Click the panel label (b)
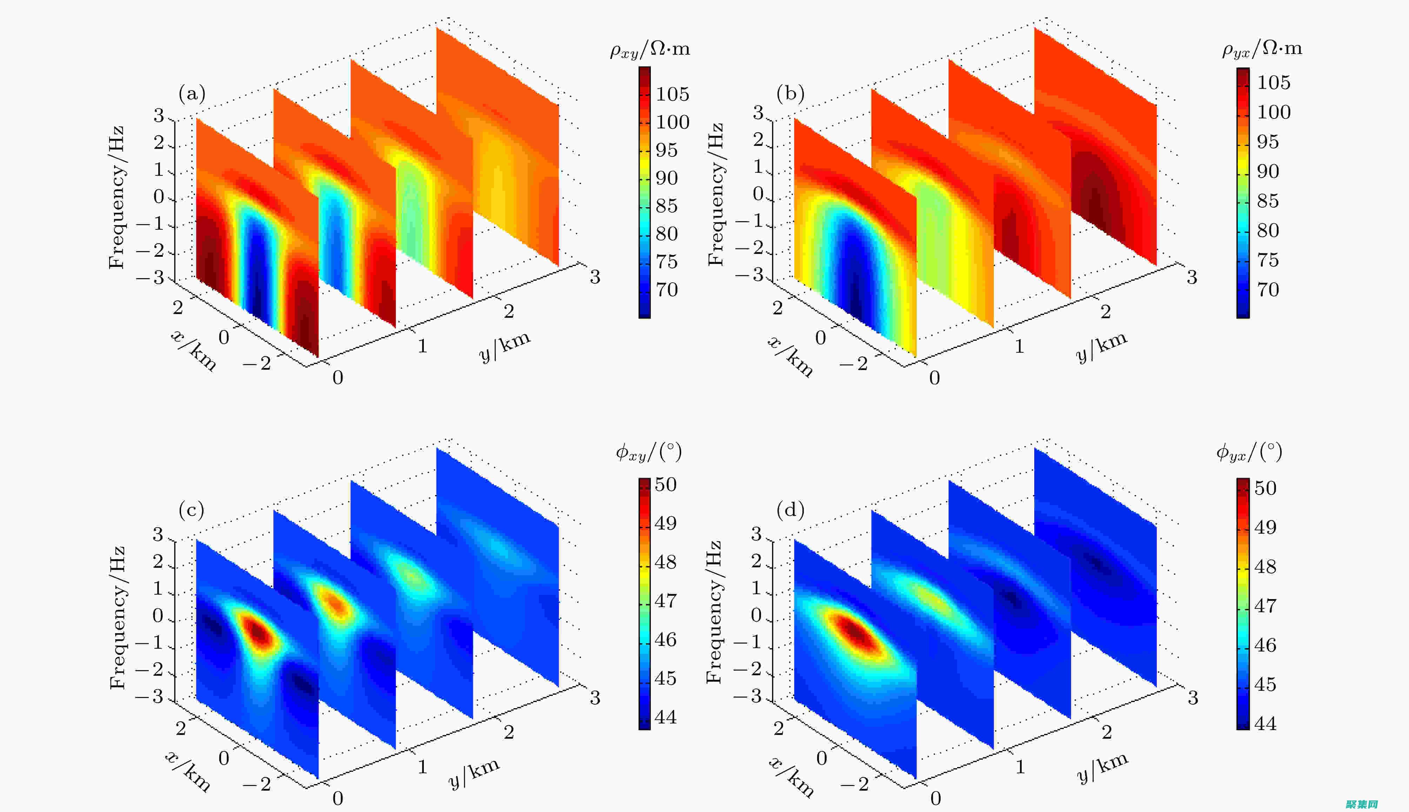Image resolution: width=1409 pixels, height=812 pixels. click(x=790, y=94)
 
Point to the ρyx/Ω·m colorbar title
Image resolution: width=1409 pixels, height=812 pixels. click(x=1262, y=49)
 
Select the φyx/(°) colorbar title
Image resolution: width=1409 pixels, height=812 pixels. click(x=1249, y=452)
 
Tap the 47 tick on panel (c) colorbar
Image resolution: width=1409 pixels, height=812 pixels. click(x=666, y=600)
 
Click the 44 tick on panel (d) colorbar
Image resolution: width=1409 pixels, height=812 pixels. click(x=1265, y=723)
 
